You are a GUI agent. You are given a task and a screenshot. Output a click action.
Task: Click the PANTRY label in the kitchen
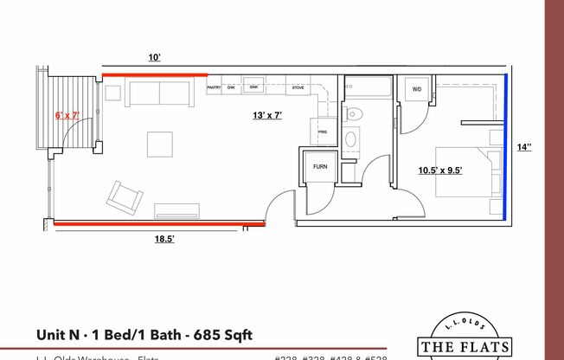tap(215, 87)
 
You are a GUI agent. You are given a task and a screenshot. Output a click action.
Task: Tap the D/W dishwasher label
tap(232, 87)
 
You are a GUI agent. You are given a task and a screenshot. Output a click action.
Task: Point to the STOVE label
tap(298, 87)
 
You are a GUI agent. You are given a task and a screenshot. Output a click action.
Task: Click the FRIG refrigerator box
tap(323, 132)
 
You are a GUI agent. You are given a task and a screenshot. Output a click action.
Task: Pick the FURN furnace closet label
tap(319, 165)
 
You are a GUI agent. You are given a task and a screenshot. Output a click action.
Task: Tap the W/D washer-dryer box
tap(416, 90)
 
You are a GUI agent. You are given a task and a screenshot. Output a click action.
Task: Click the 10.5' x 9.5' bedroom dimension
tap(440, 170)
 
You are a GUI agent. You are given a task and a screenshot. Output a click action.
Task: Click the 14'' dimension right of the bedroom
tap(523, 148)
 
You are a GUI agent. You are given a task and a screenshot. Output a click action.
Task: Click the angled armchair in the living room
tap(125, 197)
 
